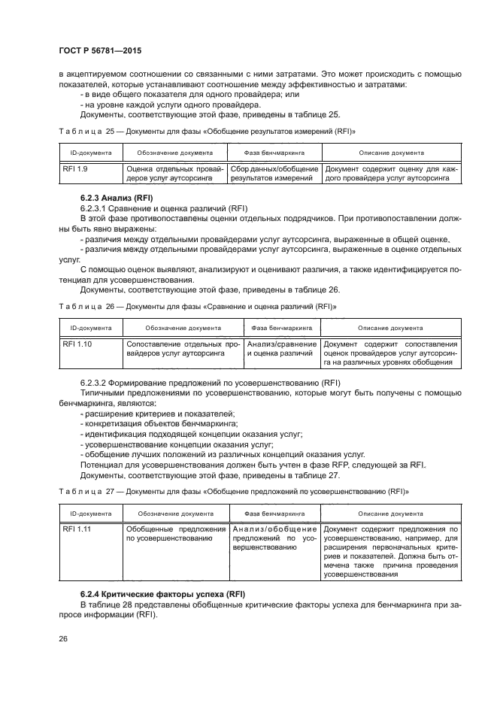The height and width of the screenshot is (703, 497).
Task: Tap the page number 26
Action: (62, 639)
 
